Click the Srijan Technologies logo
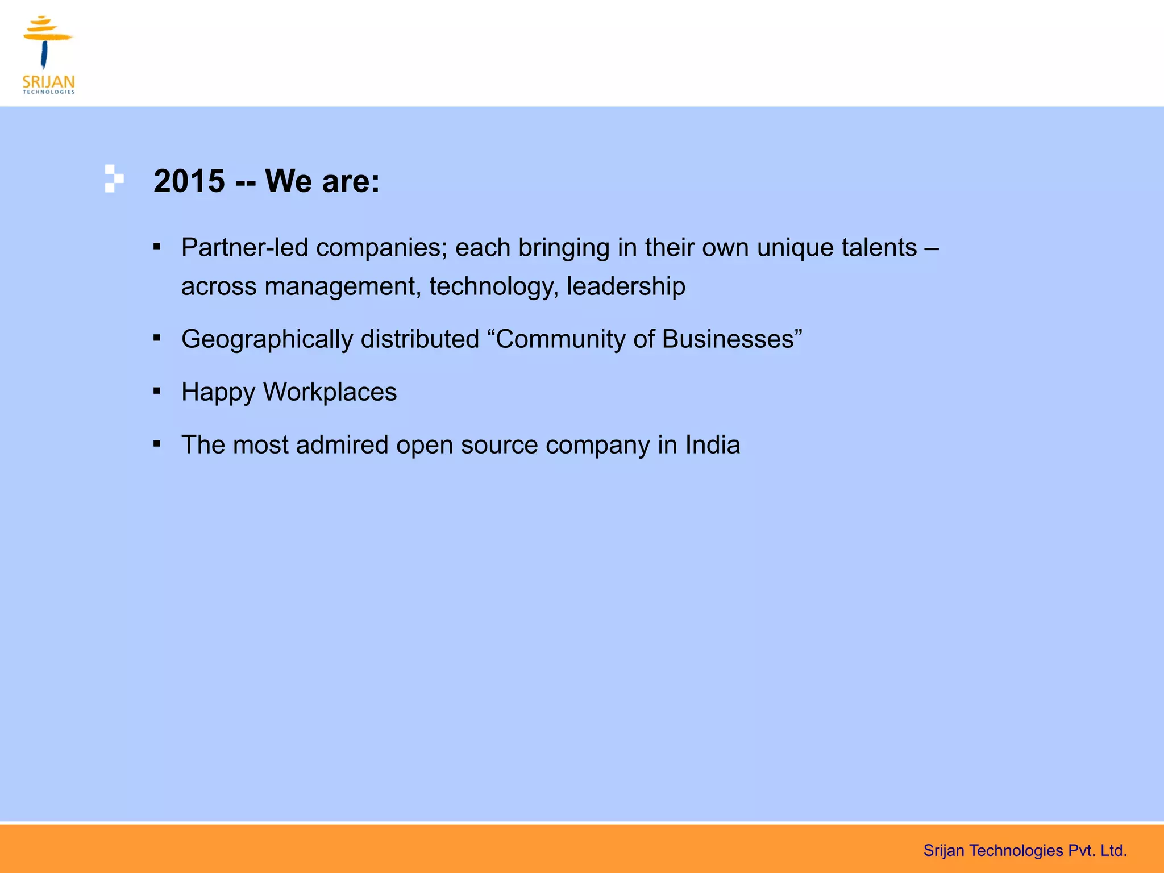tap(48, 55)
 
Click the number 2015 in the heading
tap(189, 181)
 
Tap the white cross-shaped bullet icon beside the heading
tap(113, 178)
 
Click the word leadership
tap(626, 286)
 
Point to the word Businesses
tap(730, 339)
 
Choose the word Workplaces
tap(330, 393)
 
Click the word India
tap(713, 445)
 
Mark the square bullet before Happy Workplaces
tap(157, 391)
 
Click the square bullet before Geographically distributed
tap(157, 338)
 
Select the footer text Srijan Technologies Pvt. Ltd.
tap(1025, 850)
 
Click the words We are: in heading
tap(322, 181)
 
